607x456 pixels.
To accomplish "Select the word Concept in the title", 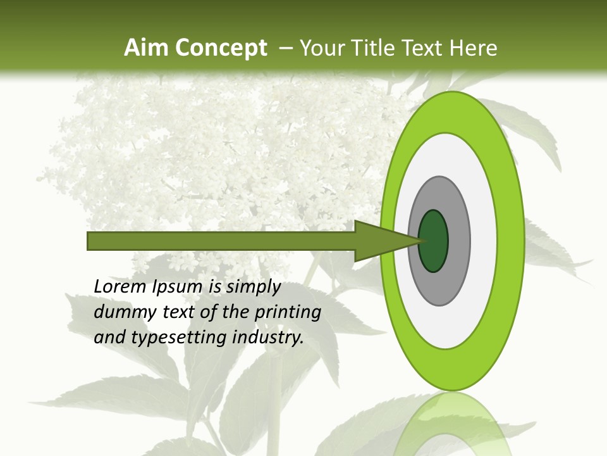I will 220,48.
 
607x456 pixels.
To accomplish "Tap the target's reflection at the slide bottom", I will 452,424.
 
